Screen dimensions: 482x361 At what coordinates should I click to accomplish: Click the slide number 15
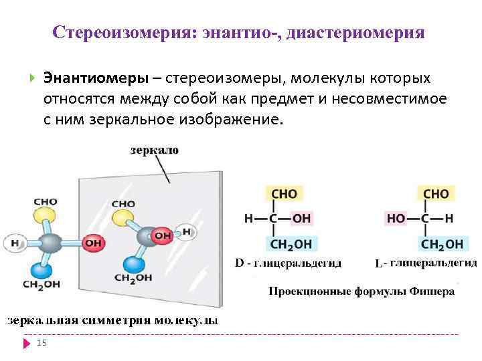[42, 343]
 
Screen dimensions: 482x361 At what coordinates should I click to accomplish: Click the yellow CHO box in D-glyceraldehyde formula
[283, 194]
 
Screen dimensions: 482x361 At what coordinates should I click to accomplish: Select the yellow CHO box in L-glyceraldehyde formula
[435, 194]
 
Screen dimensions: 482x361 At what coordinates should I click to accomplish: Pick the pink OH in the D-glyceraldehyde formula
[301, 219]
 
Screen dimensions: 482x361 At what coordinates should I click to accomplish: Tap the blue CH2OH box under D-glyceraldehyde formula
[293, 244]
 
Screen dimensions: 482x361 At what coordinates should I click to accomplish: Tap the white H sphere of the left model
[14, 243]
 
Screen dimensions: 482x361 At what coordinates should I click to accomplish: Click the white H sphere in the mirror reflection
[187, 233]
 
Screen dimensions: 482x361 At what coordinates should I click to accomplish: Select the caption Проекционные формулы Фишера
[361, 291]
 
